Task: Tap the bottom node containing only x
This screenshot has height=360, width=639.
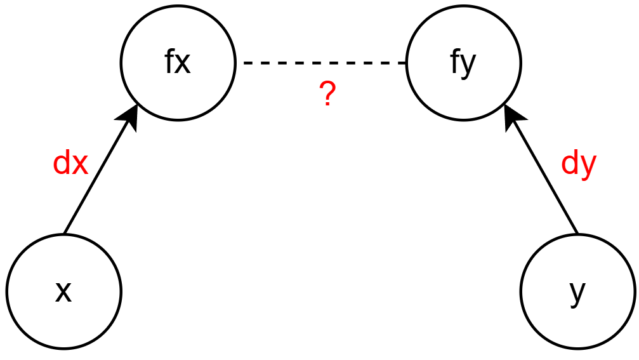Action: [63, 291]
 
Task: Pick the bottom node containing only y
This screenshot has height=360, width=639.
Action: [577, 291]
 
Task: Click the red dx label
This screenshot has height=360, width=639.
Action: [70, 164]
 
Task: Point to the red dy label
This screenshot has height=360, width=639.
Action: [579, 164]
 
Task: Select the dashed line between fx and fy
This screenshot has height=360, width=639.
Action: [320, 63]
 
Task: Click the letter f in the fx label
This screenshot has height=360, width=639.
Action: [169, 62]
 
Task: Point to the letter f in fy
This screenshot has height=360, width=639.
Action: [455, 62]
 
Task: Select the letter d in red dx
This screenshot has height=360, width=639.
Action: [62, 164]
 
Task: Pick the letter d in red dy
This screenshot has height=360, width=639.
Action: [570, 164]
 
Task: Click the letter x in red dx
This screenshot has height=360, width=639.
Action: [79, 165]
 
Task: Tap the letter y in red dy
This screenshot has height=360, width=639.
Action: [588, 166]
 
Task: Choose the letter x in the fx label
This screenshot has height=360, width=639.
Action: [183, 64]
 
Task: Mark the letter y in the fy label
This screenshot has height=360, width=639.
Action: [468, 65]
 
